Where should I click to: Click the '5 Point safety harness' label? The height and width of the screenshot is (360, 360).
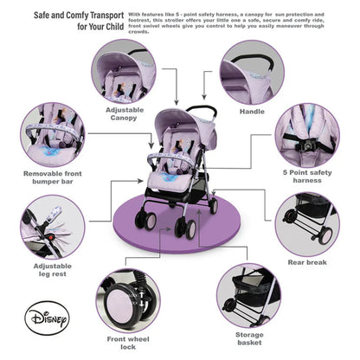tap(307, 176)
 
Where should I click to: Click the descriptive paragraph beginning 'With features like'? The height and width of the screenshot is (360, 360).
tap(239, 26)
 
